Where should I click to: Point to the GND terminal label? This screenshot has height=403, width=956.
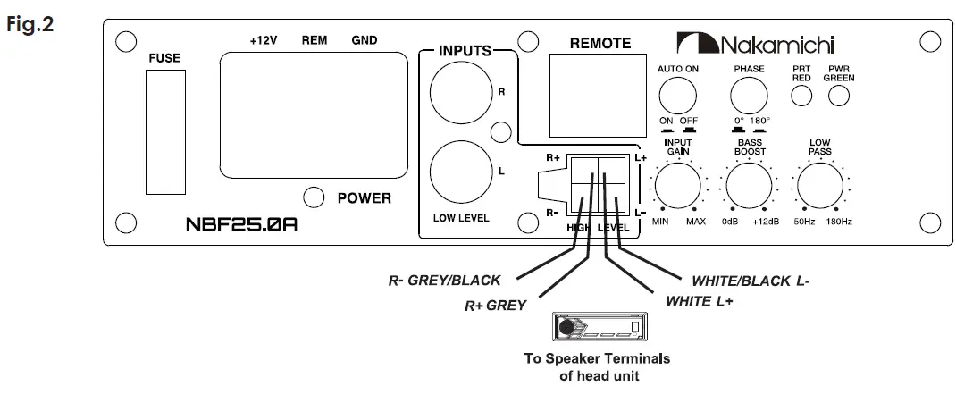[x=365, y=40]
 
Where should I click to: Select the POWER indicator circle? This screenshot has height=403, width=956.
[x=313, y=198]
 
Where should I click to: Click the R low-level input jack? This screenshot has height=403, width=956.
[x=457, y=91]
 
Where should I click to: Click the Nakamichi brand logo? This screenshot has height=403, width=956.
[x=756, y=43]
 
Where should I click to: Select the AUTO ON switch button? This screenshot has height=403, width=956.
[x=677, y=95]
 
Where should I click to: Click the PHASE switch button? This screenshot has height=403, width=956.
[x=749, y=95]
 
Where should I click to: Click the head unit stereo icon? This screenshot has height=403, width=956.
[x=598, y=330]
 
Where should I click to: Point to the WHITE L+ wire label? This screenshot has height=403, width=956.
[x=700, y=301]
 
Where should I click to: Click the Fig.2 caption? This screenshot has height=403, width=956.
[x=29, y=23]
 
